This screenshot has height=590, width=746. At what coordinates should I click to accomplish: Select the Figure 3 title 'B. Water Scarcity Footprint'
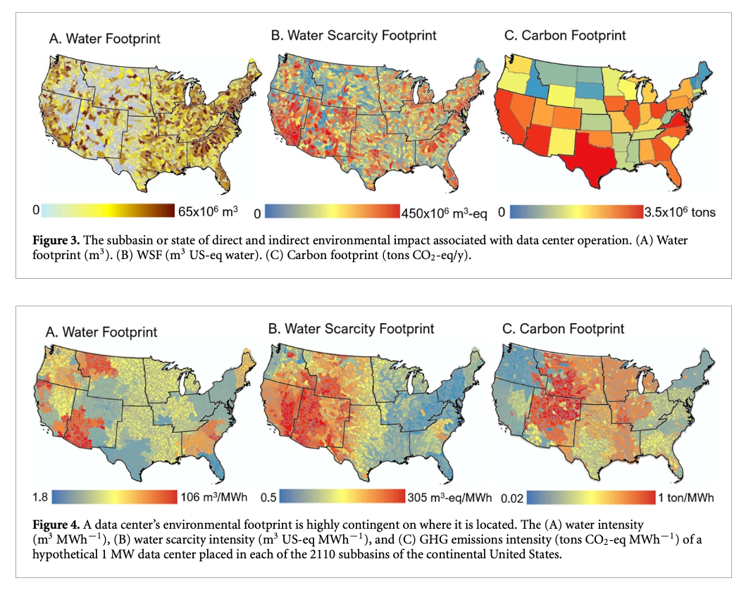point(354,34)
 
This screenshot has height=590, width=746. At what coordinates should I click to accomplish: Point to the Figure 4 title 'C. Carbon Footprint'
point(561,328)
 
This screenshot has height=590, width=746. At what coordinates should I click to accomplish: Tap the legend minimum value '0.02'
point(513,498)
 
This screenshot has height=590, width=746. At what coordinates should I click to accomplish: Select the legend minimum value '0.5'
point(266,498)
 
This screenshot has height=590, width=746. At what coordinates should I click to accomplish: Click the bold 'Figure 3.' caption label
point(56,241)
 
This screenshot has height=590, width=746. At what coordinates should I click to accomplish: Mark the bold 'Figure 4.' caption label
point(56,526)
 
